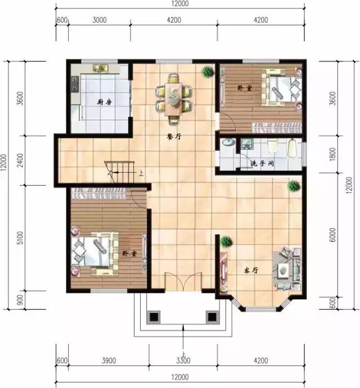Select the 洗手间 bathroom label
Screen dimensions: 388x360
coord(262,164)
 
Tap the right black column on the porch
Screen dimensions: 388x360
coord(211,317)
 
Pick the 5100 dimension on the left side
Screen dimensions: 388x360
coord(20,238)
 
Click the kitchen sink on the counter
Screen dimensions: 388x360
coord(101,69)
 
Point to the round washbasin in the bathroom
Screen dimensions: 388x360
coord(228,142)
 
